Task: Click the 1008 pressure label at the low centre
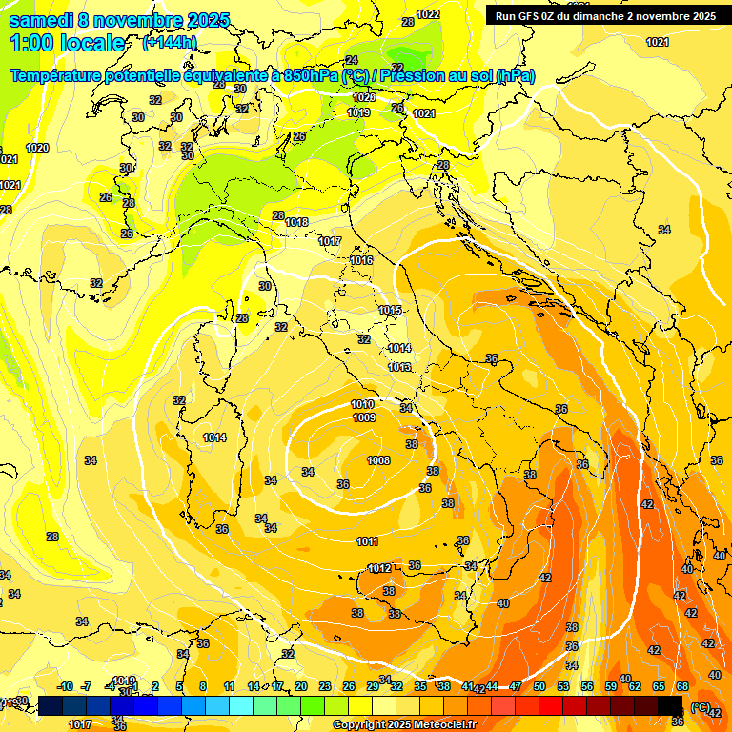click(378, 460)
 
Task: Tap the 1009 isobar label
click(363, 417)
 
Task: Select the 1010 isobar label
click(362, 405)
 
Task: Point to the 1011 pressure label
click(368, 541)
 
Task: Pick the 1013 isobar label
click(399, 367)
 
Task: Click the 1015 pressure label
click(390, 310)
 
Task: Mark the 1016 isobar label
click(361, 260)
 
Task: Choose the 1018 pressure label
click(296, 222)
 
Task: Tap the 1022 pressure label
click(428, 14)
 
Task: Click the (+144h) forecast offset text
click(169, 43)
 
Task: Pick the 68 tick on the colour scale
click(682, 686)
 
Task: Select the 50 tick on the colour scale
click(539, 686)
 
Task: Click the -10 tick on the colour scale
click(66, 686)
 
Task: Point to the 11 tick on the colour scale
click(229, 686)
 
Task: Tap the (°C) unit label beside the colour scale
click(701, 706)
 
